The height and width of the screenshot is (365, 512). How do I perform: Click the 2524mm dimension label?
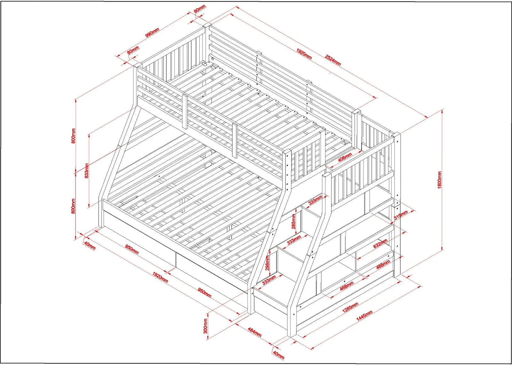(333, 60)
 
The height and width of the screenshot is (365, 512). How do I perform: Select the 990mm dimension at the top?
(152, 32)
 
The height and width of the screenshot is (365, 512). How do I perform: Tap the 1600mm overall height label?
(439, 180)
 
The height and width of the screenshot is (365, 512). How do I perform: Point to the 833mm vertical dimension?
(86, 170)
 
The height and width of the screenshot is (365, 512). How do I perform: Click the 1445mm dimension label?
(364, 315)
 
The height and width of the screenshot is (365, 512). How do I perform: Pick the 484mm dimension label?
(254, 332)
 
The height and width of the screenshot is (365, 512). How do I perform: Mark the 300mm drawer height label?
(205, 326)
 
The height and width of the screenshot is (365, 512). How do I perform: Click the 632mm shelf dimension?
(380, 244)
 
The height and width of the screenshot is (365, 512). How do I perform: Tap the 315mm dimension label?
(401, 215)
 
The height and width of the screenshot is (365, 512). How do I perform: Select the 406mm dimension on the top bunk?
(345, 157)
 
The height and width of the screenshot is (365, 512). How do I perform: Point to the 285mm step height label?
(293, 221)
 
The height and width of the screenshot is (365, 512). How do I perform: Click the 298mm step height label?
(268, 263)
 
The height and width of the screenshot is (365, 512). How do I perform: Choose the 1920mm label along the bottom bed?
(160, 277)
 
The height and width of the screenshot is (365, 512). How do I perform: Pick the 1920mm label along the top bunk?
(304, 54)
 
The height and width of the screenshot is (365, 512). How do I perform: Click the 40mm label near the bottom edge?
(278, 355)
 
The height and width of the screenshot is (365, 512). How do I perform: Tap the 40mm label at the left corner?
(89, 245)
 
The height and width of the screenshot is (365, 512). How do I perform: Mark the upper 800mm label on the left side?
(73, 136)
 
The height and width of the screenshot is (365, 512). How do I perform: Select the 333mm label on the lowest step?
(269, 280)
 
